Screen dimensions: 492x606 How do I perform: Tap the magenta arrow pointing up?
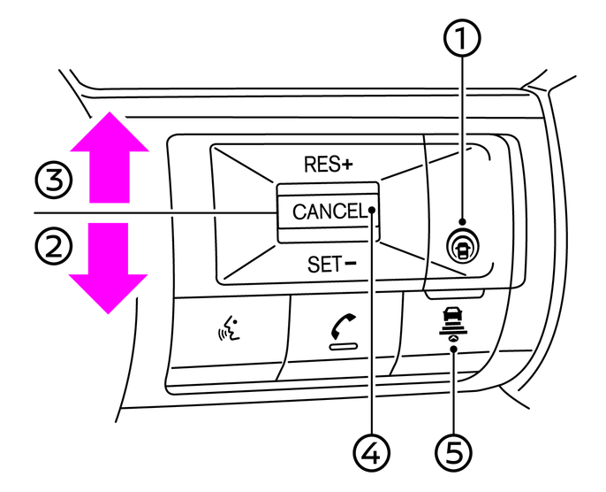[x=108, y=160]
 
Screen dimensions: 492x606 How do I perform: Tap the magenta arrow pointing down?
[x=108, y=266]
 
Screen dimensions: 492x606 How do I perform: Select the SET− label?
[x=328, y=262]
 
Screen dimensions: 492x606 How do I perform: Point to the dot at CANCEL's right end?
[x=374, y=211]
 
